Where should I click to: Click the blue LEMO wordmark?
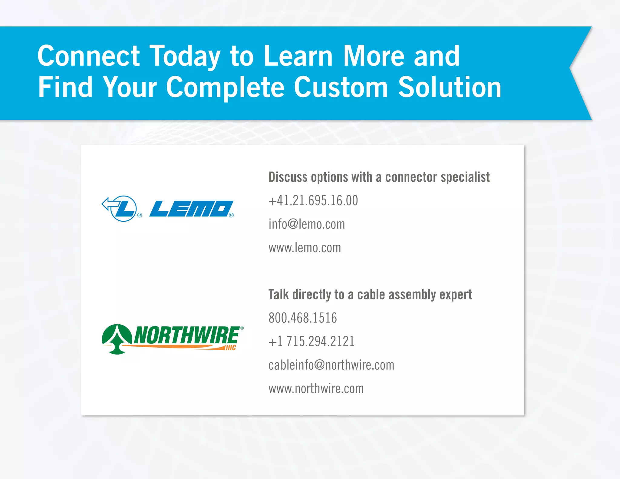(x=191, y=209)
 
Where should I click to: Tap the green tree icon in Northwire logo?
(x=117, y=339)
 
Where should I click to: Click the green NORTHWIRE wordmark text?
(x=186, y=335)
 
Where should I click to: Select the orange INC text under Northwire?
(x=231, y=348)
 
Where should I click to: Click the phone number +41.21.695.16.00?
(x=313, y=200)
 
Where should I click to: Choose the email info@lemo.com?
(x=306, y=224)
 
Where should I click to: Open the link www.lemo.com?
(x=305, y=248)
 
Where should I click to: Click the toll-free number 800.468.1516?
(x=302, y=318)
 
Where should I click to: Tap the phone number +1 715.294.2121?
(x=311, y=342)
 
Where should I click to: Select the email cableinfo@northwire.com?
(x=331, y=365)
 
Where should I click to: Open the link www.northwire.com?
(x=316, y=389)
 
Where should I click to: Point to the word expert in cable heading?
(x=455, y=295)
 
